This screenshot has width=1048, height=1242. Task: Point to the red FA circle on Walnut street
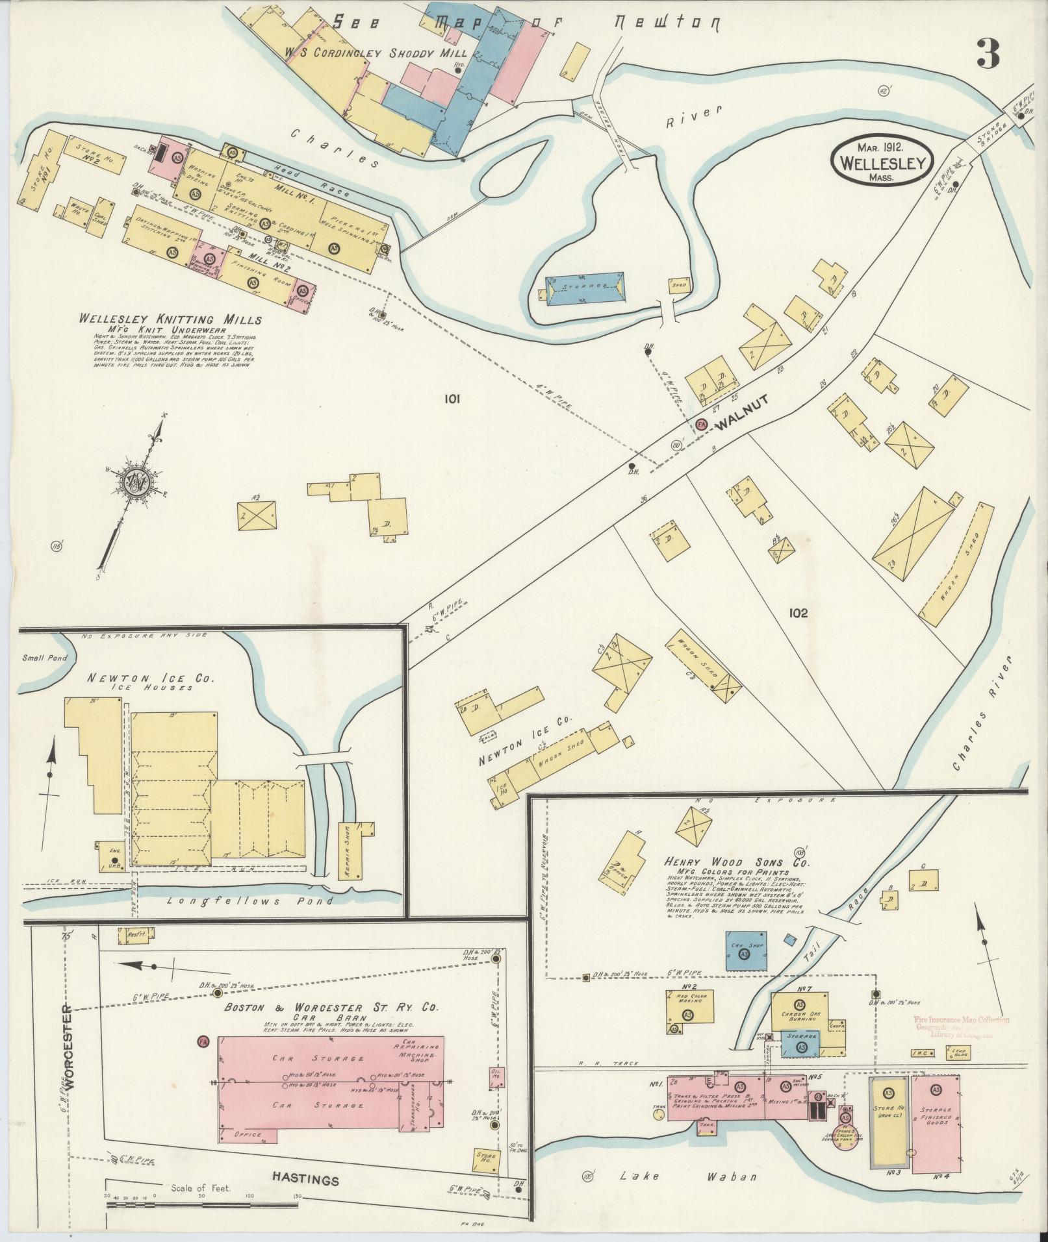(701, 424)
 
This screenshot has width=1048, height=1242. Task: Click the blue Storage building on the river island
(585, 288)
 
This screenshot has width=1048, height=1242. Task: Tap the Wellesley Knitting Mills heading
(170, 319)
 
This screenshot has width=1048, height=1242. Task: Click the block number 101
(452, 399)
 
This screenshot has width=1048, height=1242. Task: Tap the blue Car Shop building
(746, 952)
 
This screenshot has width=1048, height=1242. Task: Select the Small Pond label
(40, 657)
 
